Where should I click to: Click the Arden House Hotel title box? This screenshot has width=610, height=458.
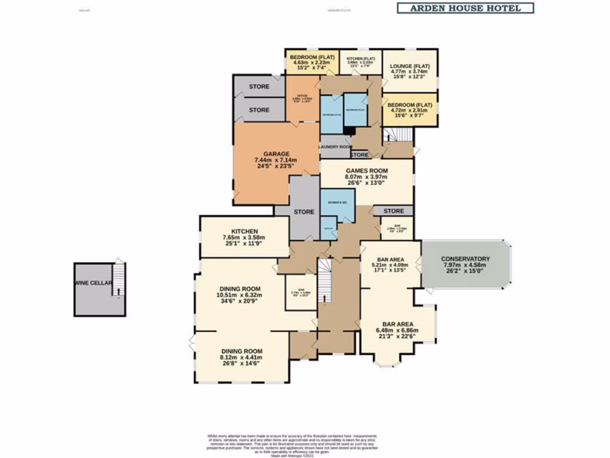(x=465, y=8)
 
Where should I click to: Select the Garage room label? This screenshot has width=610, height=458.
(x=276, y=154)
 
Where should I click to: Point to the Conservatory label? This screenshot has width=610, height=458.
(x=465, y=259)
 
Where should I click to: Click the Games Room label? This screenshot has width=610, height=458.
(x=366, y=170)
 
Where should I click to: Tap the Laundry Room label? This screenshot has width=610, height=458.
(x=335, y=146)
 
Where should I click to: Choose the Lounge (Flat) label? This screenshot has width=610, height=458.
(x=410, y=67)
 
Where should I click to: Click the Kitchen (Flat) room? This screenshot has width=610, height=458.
(x=360, y=62)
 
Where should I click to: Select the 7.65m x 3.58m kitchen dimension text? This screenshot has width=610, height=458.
(x=243, y=237)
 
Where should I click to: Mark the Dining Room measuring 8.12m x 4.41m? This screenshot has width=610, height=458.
(x=242, y=357)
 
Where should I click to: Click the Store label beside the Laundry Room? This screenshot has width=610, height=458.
(x=359, y=155)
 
